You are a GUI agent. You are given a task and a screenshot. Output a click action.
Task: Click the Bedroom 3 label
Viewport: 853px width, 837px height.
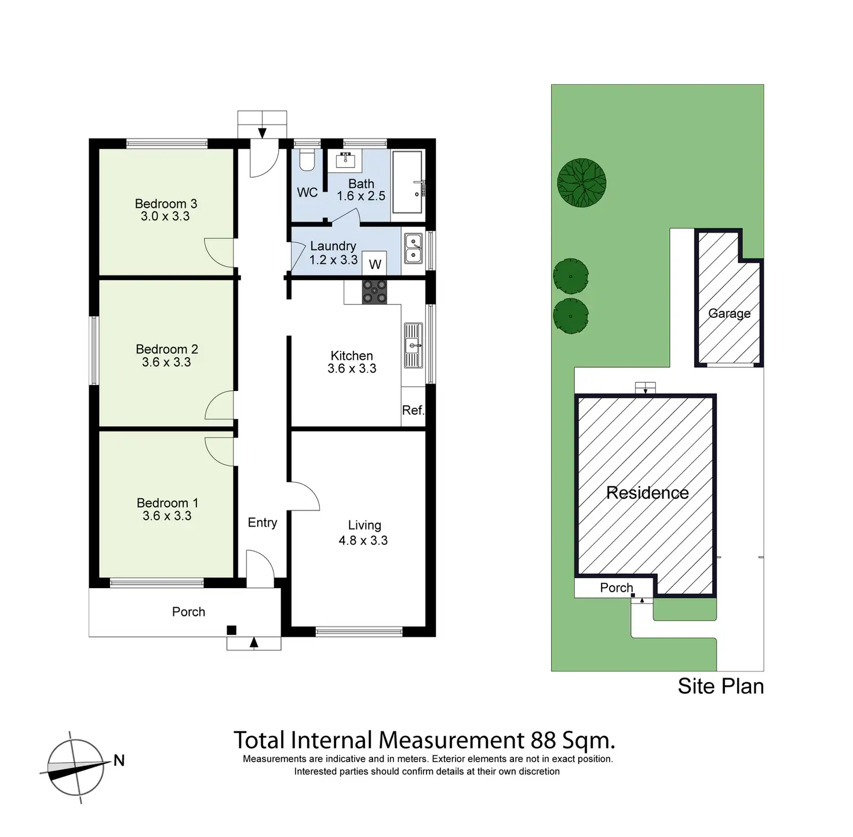[x=166, y=204]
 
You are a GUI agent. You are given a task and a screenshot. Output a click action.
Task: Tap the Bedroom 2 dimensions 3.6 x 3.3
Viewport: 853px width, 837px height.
[x=166, y=362]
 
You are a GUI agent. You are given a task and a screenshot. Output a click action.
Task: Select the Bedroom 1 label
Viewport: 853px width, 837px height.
[x=167, y=503]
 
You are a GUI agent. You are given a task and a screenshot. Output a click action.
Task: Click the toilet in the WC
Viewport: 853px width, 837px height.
[x=308, y=160]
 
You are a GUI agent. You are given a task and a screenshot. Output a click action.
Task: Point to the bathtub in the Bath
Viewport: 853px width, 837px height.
[x=409, y=182]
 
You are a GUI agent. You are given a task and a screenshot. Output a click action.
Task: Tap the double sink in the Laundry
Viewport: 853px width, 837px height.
[x=413, y=248]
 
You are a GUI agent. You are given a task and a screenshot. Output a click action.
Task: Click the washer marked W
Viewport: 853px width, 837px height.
[x=375, y=264]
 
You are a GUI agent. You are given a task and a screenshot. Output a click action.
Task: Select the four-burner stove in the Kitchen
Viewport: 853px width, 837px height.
[x=374, y=291]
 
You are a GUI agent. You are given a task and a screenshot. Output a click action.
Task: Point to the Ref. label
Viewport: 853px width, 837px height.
[x=413, y=410]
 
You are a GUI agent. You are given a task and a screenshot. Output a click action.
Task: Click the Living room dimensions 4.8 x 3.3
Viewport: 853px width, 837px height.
[x=363, y=541]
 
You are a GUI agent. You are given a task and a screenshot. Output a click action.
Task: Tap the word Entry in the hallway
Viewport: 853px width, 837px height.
[x=263, y=523]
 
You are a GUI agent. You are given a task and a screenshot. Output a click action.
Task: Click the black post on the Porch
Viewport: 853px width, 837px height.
[x=231, y=631]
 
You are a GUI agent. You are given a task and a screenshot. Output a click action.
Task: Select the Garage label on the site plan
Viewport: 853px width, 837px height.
[x=729, y=314]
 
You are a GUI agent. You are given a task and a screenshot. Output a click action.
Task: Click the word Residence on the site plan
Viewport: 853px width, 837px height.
[x=647, y=493]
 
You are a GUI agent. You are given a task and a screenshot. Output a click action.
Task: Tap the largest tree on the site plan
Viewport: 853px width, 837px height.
[x=582, y=183]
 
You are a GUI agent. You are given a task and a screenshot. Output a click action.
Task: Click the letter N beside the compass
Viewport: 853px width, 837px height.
[x=119, y=760]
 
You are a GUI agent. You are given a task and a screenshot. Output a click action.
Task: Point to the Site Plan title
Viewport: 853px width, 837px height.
[x=720, y=686]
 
